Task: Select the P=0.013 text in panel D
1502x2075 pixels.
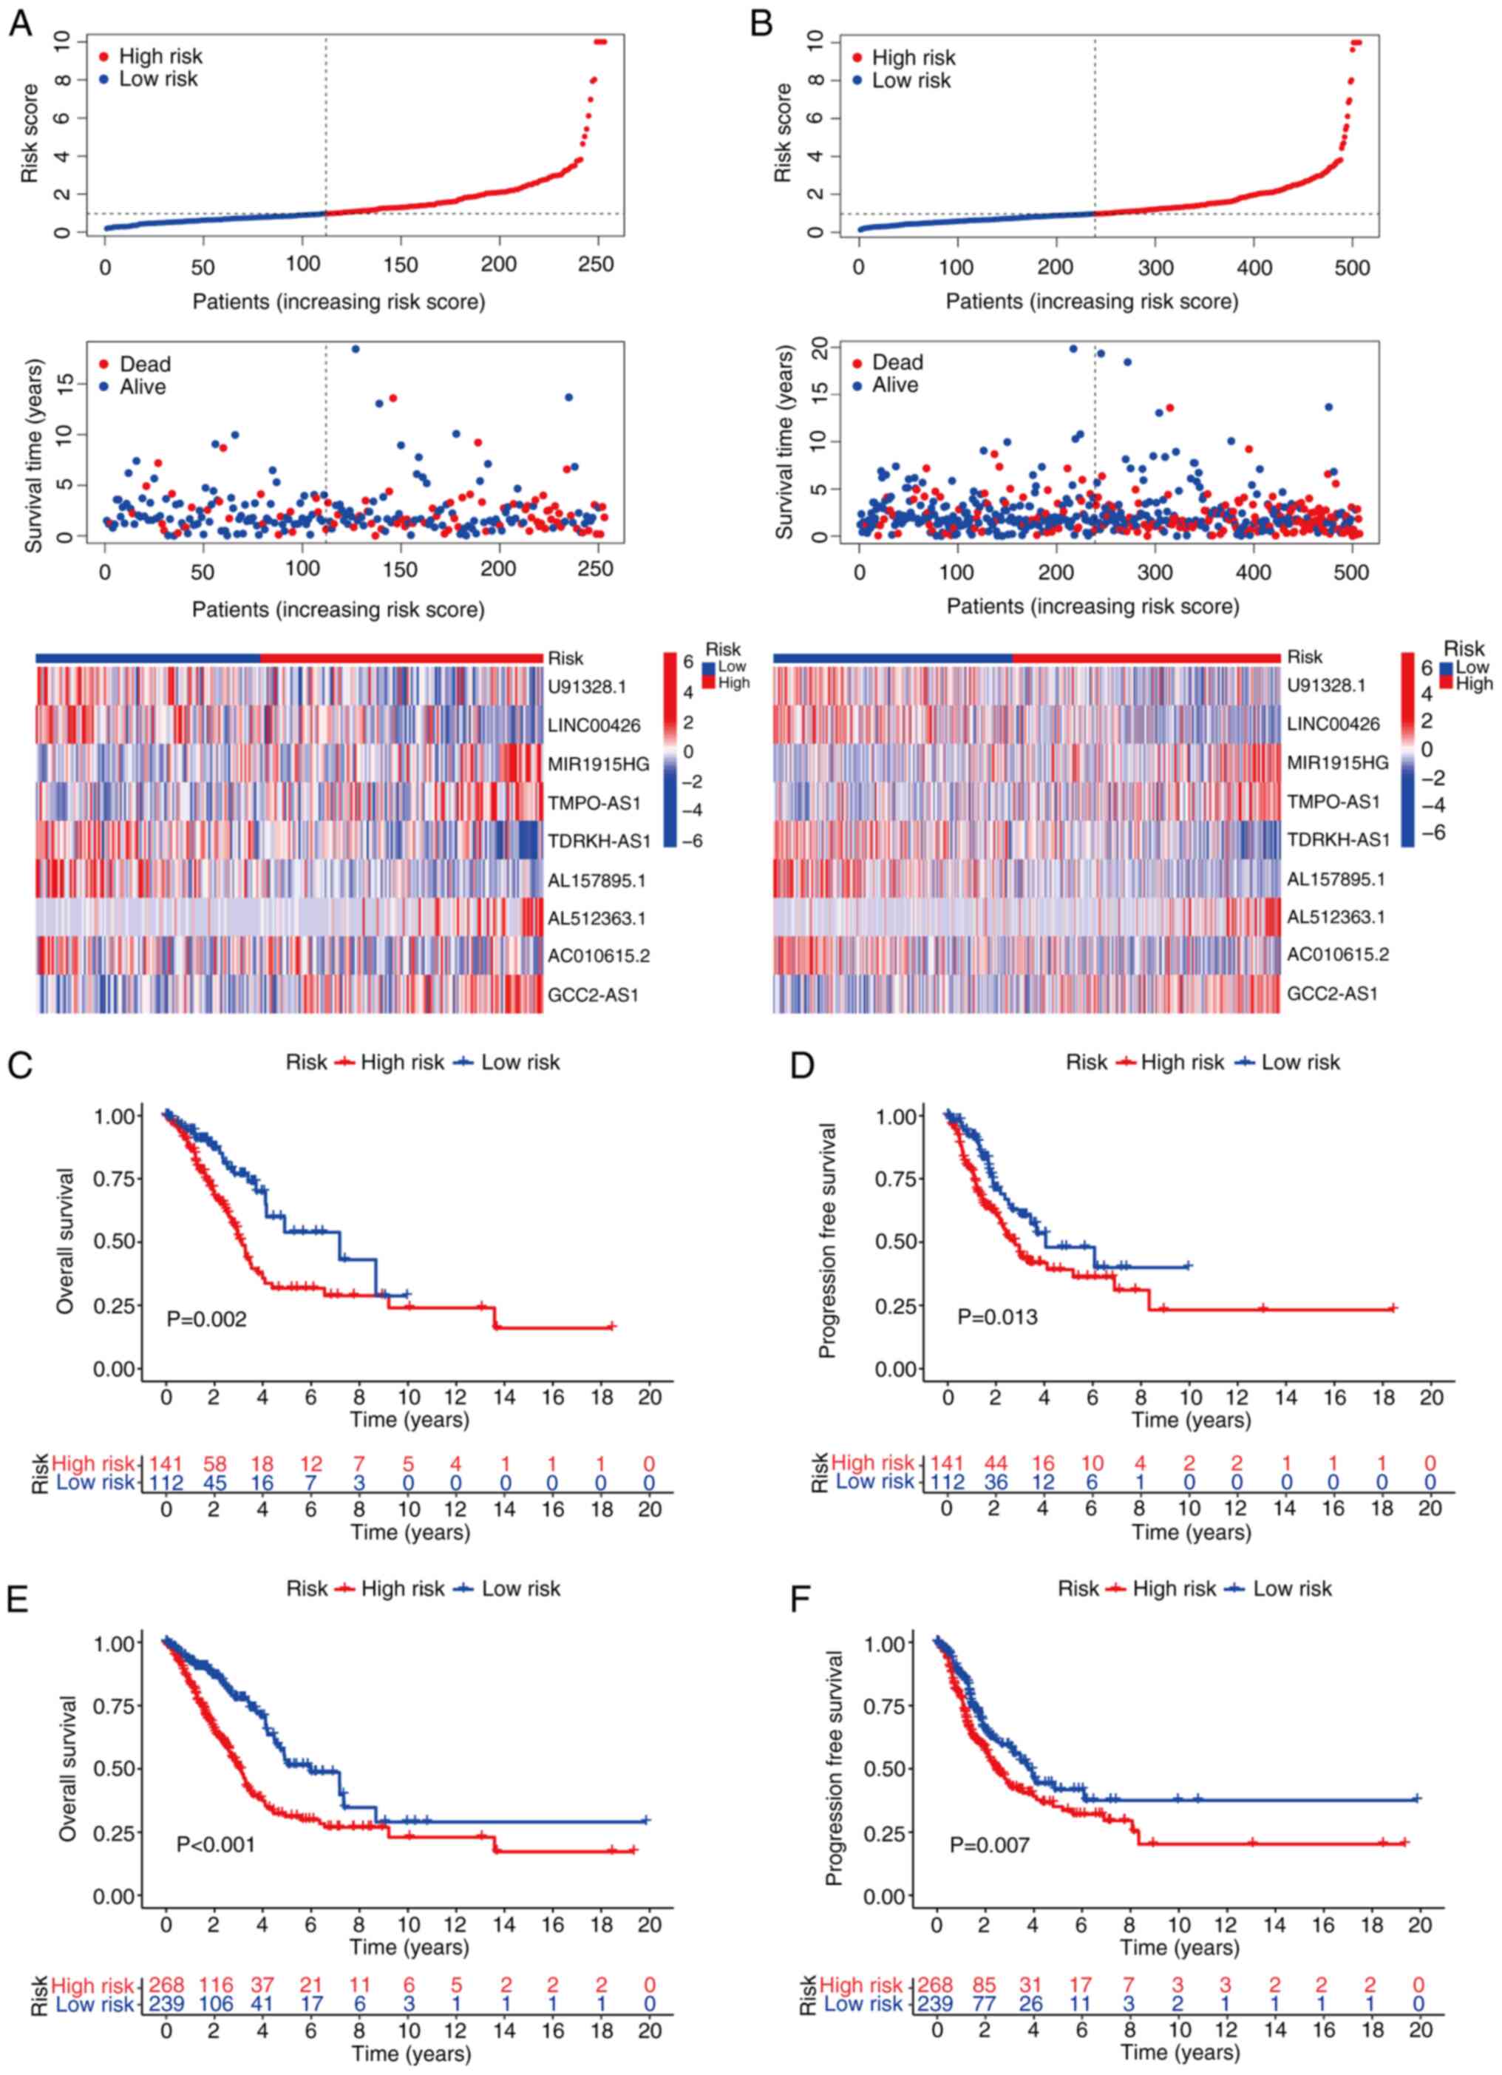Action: click(x=997, y=1316)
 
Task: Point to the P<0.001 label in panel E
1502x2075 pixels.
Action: click(x=216, y=1844)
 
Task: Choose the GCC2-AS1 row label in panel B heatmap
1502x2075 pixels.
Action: click(x=1332, y=992)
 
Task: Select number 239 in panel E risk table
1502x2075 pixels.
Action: click(x=166, y=2005)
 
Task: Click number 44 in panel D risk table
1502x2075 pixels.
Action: click(x=994, y=1462)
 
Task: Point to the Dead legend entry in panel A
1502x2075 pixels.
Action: click(x=145, y=364)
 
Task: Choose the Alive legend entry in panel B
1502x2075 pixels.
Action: click(x=894, y=385)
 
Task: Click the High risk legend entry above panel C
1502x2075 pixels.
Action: click(x=401, y=1062)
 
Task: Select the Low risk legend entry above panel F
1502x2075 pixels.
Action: click(x=1291, y=1589)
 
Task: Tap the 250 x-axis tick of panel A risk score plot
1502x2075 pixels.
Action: click(x=597, y=265)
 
